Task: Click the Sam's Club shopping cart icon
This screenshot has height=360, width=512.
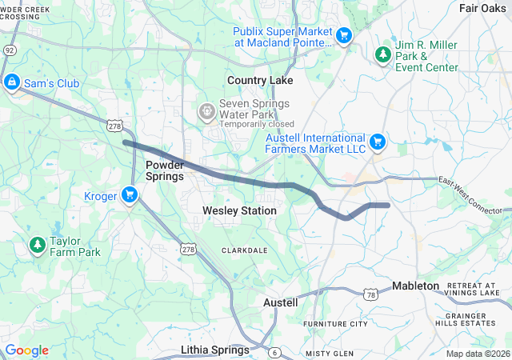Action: pos(12,82)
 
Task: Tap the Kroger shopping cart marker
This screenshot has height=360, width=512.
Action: pos(130,195)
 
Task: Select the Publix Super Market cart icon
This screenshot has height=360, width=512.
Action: pos(344,35)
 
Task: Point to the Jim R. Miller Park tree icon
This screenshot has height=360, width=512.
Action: pos(382,54)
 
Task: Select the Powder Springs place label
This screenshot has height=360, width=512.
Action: pos(165,170)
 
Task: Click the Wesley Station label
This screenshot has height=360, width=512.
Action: pos(239,210)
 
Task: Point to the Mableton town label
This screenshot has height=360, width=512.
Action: pos(415,286)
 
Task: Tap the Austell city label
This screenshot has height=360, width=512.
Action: pos(281,302)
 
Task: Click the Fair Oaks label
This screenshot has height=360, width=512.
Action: pos(482,7)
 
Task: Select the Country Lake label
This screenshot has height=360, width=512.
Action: pos(260,81)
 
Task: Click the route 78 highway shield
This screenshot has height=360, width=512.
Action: pos(370,295)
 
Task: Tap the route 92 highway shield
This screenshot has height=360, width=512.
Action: pos(8,49)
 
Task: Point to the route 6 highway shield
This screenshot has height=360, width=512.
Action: pos(274,352)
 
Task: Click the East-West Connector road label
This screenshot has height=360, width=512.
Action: pos(473,194)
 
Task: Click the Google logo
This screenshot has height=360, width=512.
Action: pos(26,350)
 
